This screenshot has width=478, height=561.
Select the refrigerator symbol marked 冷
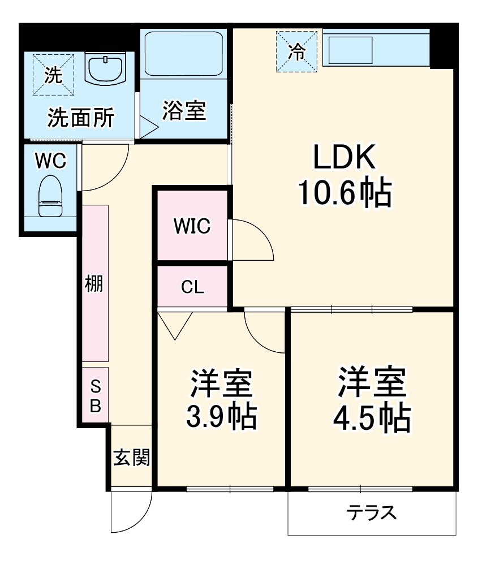[296, 52]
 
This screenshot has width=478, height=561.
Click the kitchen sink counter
[351, 50]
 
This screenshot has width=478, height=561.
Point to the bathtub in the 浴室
[184, 54]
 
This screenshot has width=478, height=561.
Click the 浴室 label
[183, 110]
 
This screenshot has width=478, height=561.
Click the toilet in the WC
[50, 195]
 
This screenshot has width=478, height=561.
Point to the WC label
[50, 161]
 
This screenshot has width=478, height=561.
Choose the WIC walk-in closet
[192, 226]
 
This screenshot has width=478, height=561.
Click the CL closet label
[192, 287]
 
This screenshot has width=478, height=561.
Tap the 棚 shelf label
[94, 284]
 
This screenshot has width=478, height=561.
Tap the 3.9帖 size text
[221, 417]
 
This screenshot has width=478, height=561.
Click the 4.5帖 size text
[372, 417]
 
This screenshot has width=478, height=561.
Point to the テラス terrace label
[371, 513]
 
